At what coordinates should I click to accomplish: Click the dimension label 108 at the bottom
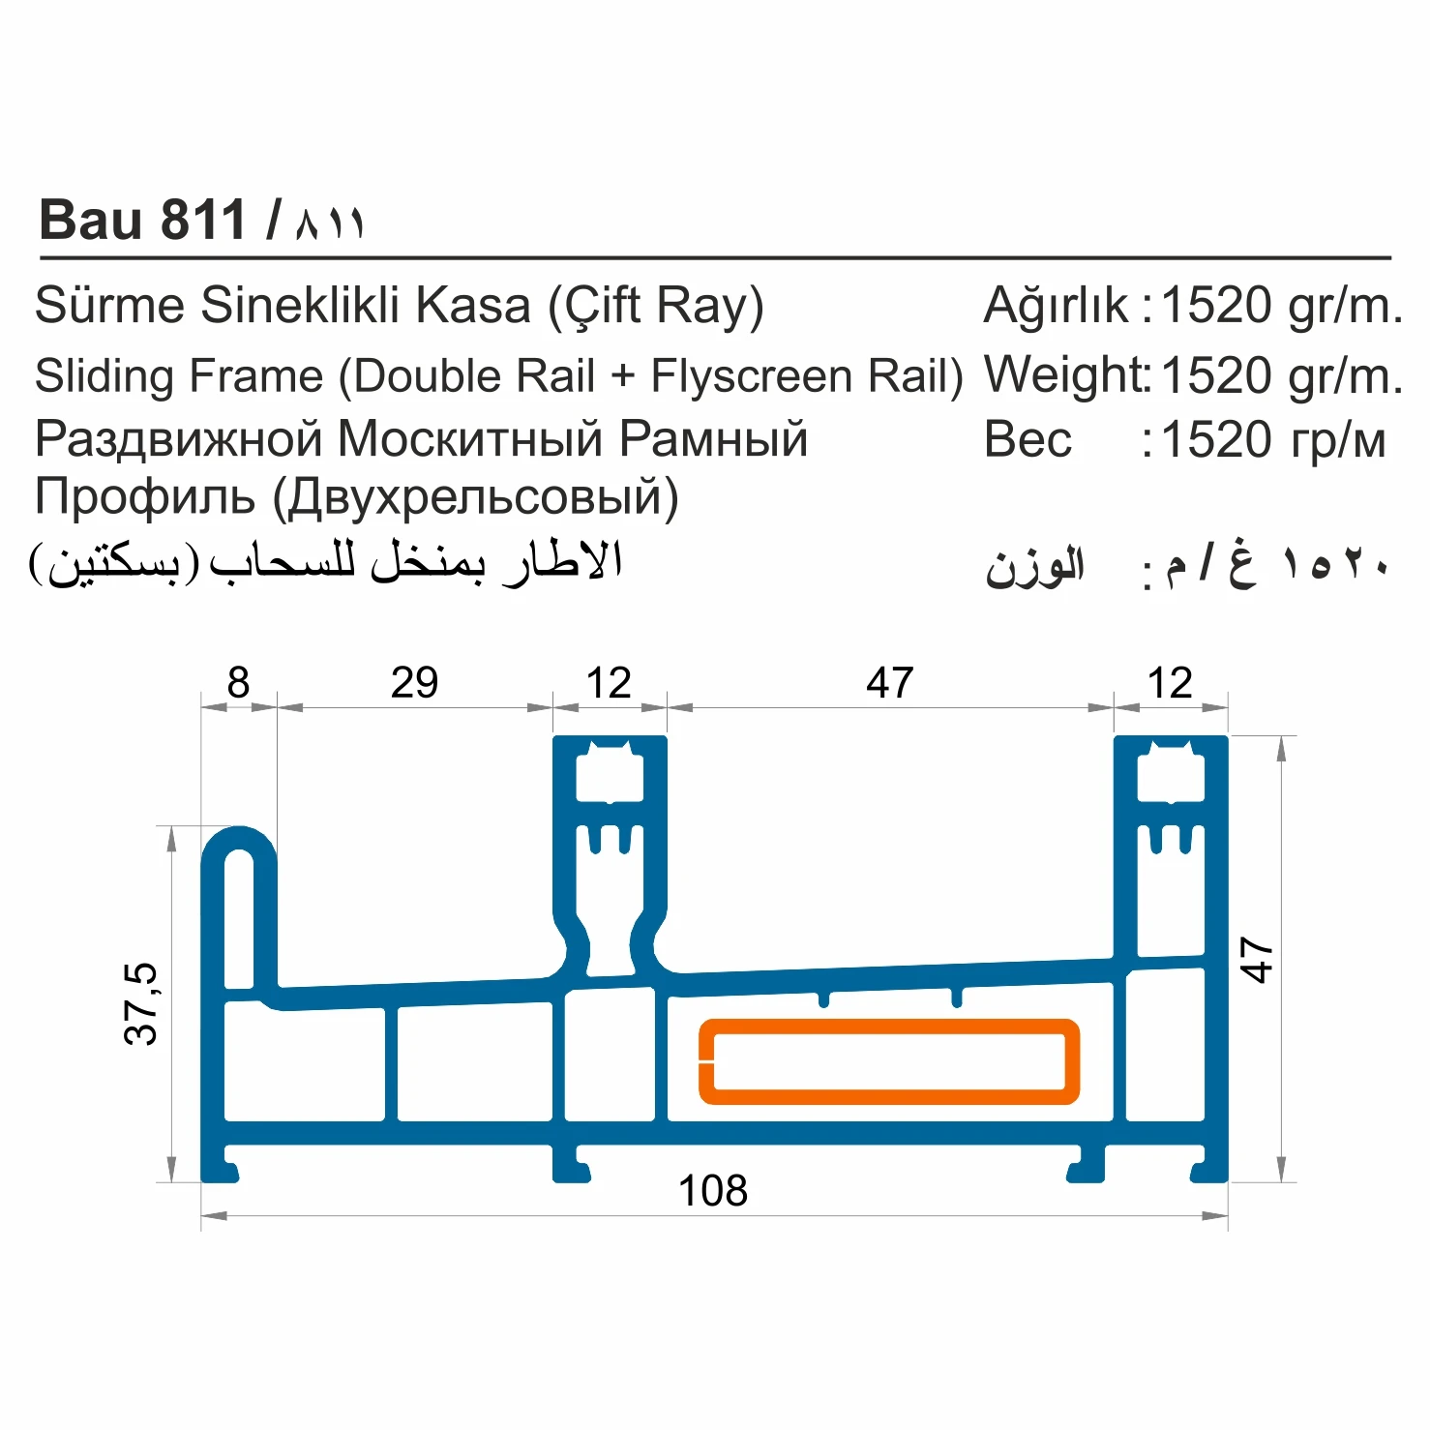click(713, 1190)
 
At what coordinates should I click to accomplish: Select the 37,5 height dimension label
click(141, 1003)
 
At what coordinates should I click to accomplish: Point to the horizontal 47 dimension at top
click(889, 683)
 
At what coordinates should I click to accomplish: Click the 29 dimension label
click(414, 683)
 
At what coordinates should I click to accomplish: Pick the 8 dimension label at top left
click(238, 683)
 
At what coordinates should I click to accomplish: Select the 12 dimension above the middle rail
click(609, 683)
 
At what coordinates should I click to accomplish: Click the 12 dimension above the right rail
click(1170, 683)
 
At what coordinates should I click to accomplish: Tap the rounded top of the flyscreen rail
click(239, 841)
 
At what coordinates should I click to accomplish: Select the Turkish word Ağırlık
click(1056, 306)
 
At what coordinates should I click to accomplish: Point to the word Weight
click(1063, 375)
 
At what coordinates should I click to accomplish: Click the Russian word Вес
click(1028, 440)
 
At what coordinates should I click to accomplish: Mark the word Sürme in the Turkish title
click(109, 306)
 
